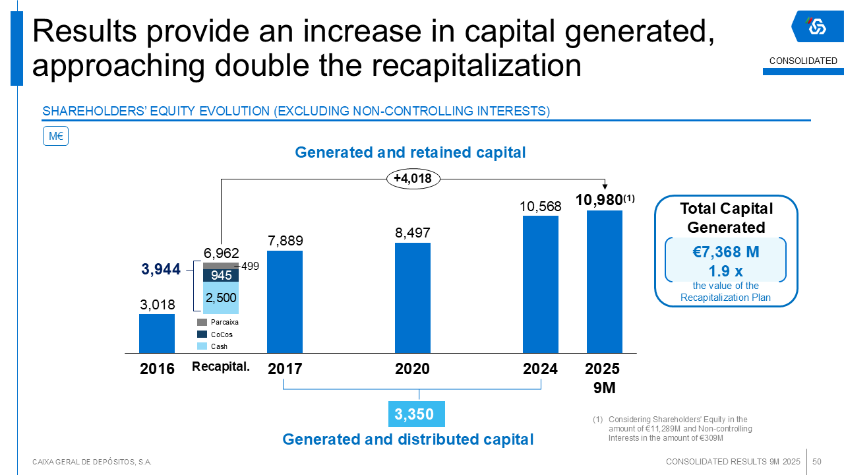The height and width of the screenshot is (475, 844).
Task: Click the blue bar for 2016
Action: [x=157, y=333]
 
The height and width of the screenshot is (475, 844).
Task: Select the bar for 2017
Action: [x=285, y=301]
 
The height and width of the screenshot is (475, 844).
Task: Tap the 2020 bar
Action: [x=413, y=298]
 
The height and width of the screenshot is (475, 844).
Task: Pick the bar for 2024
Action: [x=541, y=284]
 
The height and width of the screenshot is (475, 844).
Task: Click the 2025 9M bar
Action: [x=605, y=282]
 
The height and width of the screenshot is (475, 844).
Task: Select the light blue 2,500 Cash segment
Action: [x=220, y=298]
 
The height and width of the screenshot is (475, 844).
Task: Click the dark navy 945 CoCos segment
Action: [x=220, y=275]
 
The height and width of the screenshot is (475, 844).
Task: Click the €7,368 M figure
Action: [x=726, y=251]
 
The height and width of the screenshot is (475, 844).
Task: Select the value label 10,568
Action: [x=541, y=206]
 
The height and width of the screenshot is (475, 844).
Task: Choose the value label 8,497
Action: [x=413, y=233]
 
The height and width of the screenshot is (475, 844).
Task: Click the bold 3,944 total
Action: [x=161, y=269]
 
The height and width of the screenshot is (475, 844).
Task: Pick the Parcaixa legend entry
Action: [x=218, y=323]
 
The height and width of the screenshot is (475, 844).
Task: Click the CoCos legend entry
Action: [x=216, y=334]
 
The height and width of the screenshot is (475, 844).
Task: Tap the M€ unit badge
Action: [x=55, y=137]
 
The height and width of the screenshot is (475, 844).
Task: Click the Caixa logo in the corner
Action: [x=817, y=27]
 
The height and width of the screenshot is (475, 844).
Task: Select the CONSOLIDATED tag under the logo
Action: [x=803, y=61]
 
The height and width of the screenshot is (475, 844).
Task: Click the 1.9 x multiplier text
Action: [x=726, y=270]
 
